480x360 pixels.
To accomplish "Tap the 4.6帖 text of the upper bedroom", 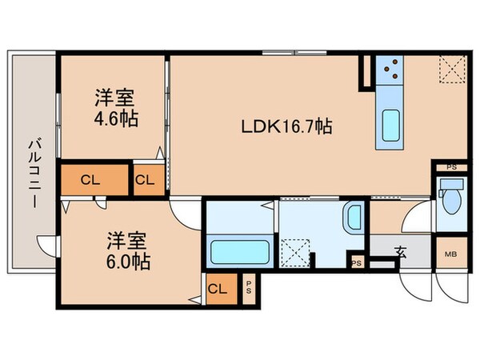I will pyautogui.click(x=116, y=119).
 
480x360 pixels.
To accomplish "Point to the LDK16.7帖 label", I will pyautogui.click(x=287, y=126).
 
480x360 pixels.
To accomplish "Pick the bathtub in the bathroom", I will pyautogui.click(x=238, y=253).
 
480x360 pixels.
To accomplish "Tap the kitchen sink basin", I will pyautogui.click(x=393, y=125).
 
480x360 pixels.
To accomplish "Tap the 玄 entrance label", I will pyautogui.click(x=399, y=254).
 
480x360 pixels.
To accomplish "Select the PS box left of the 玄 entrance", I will pyautogui.click(x=356, y=262).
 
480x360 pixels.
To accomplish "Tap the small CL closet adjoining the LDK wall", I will pyautogui.click(x=146, y=180).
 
